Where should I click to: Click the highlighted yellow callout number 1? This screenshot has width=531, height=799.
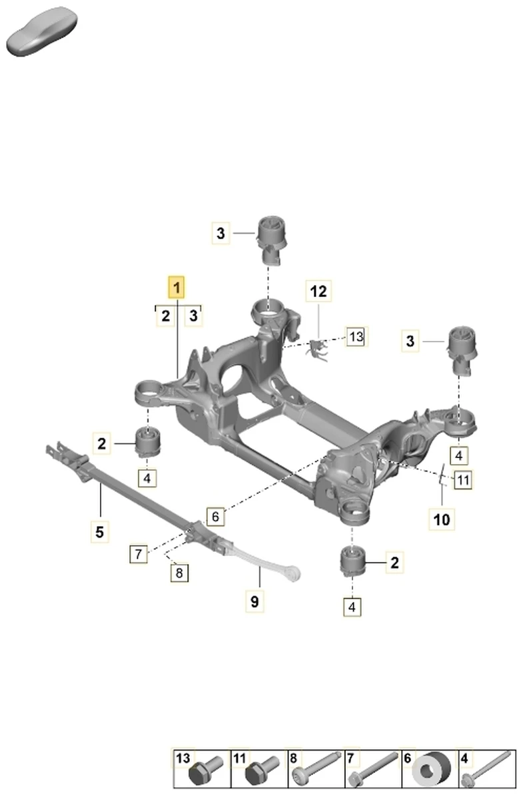[176, 287]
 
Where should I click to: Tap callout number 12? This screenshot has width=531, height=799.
[318, 291]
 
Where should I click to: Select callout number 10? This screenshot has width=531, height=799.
[442, 519]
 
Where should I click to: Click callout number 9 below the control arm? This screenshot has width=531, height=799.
[255, 601]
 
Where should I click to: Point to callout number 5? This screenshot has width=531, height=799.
[100, 532]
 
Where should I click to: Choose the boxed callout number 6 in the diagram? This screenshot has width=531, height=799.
[216, 517]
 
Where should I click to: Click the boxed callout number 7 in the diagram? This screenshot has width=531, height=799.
[139, 554]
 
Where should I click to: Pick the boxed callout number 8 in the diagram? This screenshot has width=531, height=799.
[179, 573]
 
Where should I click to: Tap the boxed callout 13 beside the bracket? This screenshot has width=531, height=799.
[356, 336]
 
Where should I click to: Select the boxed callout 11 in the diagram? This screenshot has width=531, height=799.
[463, 480]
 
